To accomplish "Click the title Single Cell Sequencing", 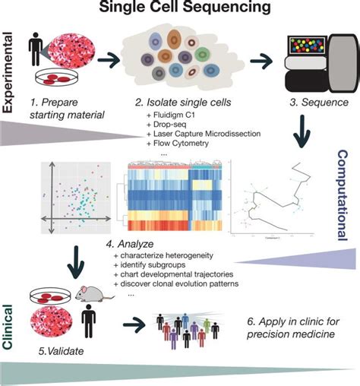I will (x=180, y=10).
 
